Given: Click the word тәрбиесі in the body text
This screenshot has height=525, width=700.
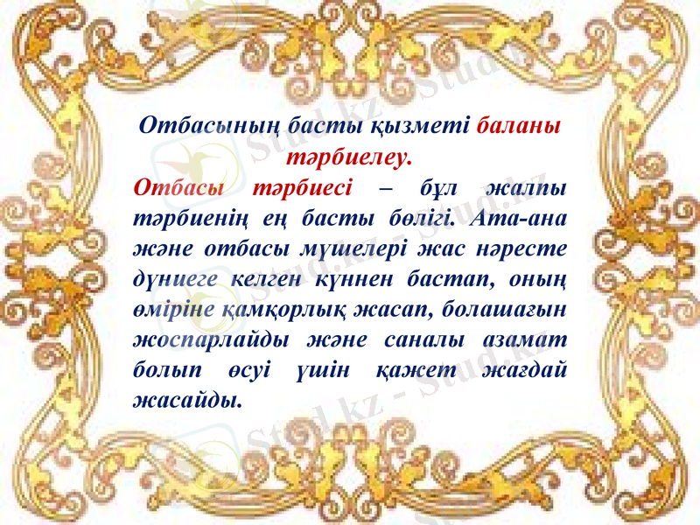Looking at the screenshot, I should pos(302,188).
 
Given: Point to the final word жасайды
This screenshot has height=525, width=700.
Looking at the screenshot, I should pos(182,399).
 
